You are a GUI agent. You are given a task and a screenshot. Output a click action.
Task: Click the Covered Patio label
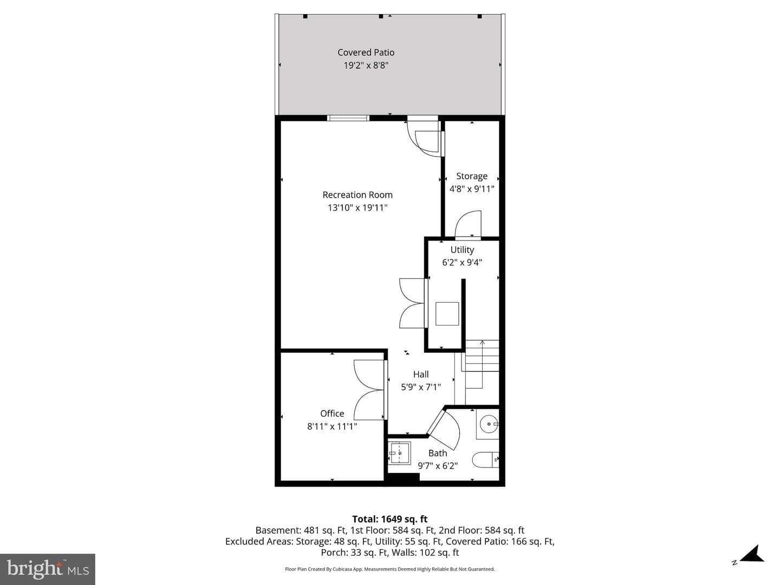pyautogui.click(x=366, y=53)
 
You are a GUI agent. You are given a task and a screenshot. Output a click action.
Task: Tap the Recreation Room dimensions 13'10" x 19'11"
pyautogui.click(x=357, y=208)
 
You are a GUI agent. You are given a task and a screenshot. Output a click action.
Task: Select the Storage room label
pyautogui.click(x=472, y=177)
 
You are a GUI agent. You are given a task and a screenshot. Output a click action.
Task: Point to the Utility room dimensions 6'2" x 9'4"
pyautogui.click(x=462, y=263)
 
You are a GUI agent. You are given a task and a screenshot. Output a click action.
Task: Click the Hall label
pyautogui.click(x=421, y=374)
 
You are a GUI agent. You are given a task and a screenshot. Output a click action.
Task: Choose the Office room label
pyautogui.click(x=332, y=413)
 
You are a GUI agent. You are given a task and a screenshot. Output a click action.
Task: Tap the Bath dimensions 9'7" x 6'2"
pyautogui.click(x=438, y=466)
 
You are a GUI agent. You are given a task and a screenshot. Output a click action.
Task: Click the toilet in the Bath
pyautogui.click(x=485, y=460)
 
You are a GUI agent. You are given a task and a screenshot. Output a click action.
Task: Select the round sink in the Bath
pyautogui.click(x=489, y=424)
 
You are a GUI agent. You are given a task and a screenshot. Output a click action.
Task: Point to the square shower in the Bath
pyautogui.click(x=399, y=453)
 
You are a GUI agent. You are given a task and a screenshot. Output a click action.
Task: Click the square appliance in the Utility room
pyautogui.click(x=447, y=314)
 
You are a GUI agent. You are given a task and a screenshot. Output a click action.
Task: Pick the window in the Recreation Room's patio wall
pyautogui.click(x=348, y=118)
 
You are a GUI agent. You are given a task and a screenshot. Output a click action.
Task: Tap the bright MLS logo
pyautogui.click(x=48, y=569)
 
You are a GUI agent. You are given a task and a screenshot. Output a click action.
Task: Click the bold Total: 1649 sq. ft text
pyautogui.click(x=390, y=519)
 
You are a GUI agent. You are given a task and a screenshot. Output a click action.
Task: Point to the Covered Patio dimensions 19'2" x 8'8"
pyautogui.click(x=366, y=66)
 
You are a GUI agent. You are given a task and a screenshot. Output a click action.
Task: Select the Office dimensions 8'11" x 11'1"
pyautogui.click(x=332, y=426)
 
